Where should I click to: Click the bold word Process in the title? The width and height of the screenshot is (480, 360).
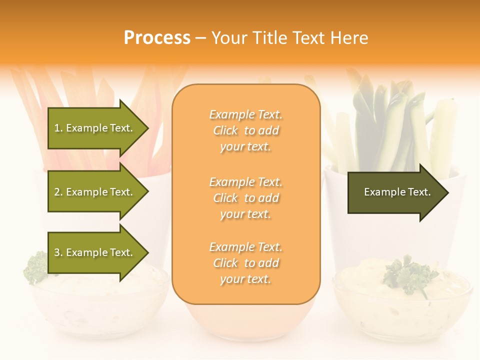pos(157,38)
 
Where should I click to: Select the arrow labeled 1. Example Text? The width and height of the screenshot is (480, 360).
pos(95,128)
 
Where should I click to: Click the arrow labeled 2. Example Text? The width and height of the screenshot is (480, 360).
pos(95,192)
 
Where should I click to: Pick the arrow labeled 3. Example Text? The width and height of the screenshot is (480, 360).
pos(95,252)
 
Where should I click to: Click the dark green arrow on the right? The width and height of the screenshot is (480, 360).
pos(395,192)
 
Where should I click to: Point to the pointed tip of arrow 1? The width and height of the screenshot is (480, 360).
pos(147,128)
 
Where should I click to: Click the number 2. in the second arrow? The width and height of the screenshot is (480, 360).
pos(58,192)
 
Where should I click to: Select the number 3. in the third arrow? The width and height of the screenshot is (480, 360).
pos(58,252)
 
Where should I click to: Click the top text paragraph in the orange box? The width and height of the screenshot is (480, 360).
pos(245,130)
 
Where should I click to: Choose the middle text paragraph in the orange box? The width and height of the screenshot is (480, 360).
pos(245,198)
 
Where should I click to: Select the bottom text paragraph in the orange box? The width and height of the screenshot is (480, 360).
pos(245,263)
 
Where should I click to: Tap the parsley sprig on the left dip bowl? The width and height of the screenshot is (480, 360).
pos(36,267)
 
